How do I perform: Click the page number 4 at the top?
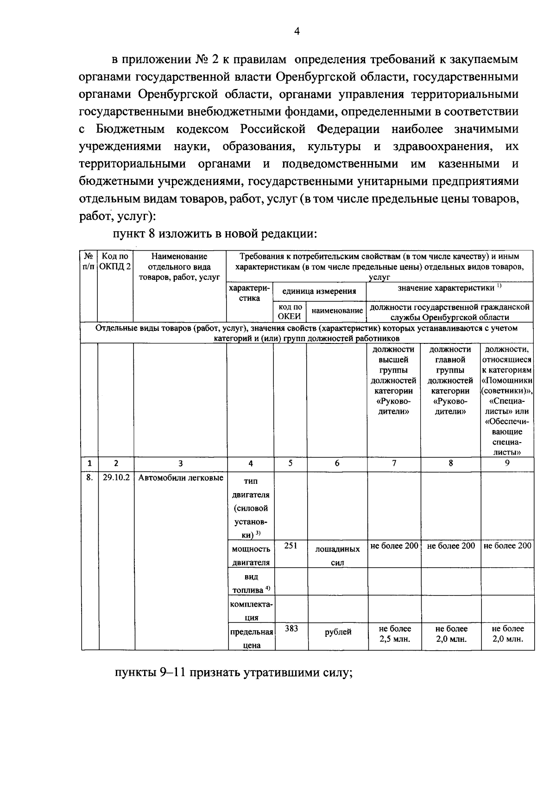(297, 31)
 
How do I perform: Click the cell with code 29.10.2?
(116, 478)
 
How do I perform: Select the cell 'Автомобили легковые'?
(181, 478)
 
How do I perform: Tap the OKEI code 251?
(291, 545)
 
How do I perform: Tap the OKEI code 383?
(291, 628)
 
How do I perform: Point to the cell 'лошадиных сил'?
(337, 556)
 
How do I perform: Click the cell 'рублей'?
(338, 632)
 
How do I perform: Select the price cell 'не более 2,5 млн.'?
(394, 634)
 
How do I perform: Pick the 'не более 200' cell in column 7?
(394, 545)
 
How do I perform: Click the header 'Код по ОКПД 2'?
(115, 261)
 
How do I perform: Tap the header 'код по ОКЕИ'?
(290, 312)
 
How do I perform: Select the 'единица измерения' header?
(319, 292)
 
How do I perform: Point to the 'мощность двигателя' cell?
(251, 556)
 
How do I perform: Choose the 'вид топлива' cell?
(251, 583)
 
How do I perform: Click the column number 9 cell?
(507, 463)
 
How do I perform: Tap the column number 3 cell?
(180, 463)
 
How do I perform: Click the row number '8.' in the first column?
(89, 478)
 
